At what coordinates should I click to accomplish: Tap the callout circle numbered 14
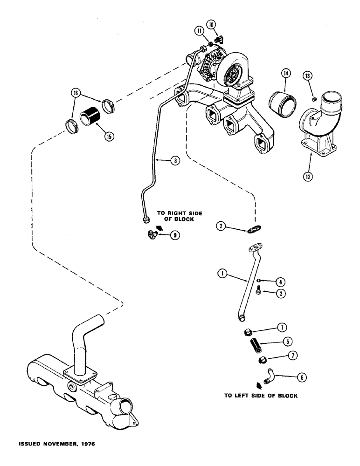[285, 73]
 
